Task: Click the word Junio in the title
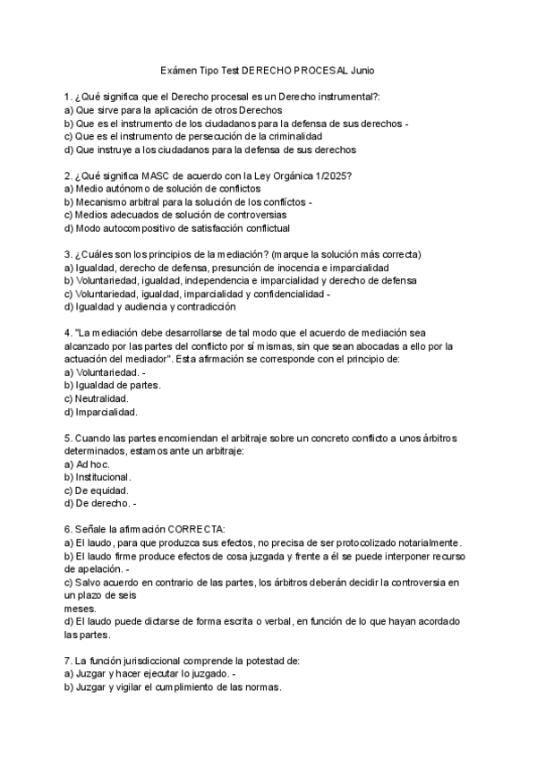click(363, 69)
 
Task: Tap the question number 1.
click(68, 96)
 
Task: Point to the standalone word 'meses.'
click(78, 609)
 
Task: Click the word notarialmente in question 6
click(427, 542)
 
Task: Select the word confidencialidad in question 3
click(284, 294)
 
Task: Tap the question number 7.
click(68, 661)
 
